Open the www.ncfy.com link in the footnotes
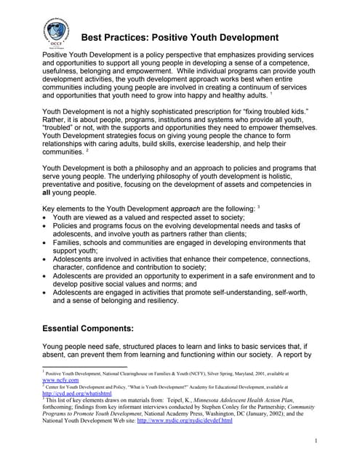tap(60, 380)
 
